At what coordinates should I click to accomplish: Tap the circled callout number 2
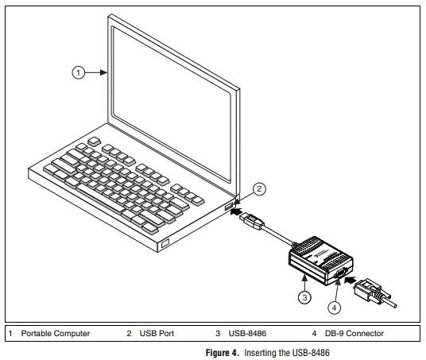click(259, 189)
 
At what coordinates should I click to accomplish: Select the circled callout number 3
click(304, 297)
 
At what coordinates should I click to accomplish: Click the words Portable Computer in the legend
click(56, 334)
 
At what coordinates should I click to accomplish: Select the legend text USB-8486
click(249, 334)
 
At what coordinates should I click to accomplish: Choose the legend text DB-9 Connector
click(354, 334)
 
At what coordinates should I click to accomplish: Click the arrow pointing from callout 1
click(97, 72)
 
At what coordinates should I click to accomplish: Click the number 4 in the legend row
click(315, 334)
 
